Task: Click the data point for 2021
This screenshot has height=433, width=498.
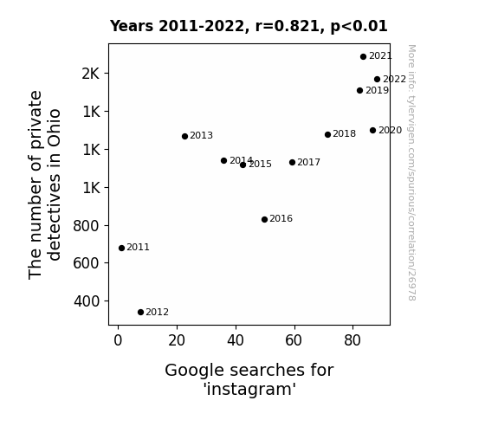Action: coord(364,56)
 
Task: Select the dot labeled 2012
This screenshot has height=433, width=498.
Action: coord(140,312)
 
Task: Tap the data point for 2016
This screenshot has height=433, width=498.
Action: coord(264,219)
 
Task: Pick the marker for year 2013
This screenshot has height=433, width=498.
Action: coord(184,136)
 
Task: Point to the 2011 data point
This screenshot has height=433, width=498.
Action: coord(121,248)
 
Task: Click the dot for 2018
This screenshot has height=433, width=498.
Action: coord(327,134)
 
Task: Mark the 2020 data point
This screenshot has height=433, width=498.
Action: coord(373,130)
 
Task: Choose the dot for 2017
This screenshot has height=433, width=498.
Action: coord(292,162)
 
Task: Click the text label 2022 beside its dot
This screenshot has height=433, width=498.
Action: coord(394,79)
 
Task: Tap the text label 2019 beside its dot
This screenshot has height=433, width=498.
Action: coord(377,90)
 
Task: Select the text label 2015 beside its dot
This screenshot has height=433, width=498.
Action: coord(260,164)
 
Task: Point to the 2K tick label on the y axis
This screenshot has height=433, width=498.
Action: coord(91,74)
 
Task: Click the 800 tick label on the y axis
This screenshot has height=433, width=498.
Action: coord(87,226)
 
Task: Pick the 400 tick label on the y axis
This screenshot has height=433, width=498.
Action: coord(87,301)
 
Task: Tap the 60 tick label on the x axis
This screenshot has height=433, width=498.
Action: coord(293,340)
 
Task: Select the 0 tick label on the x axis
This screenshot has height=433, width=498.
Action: coord(118,340)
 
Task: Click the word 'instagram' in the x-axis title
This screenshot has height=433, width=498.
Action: coord(249,389)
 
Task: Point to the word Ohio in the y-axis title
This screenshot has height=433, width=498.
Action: coord(54,128)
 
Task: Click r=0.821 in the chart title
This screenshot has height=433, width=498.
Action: coord(288,26)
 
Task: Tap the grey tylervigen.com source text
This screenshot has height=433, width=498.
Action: coord(411,172)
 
